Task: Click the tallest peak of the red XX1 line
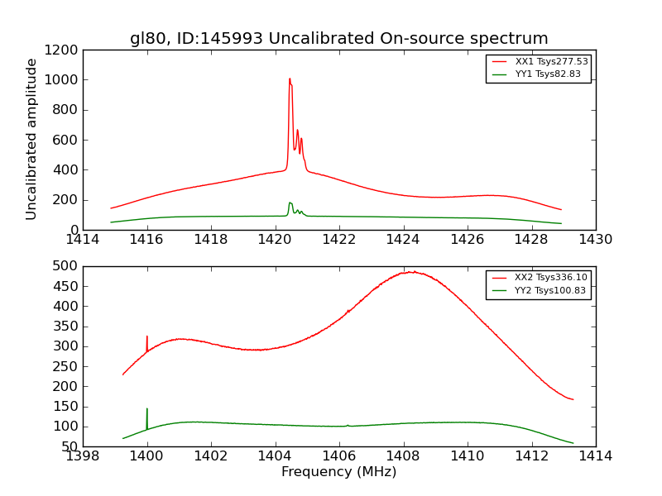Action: click(x=290, y=79)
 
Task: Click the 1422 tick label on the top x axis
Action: click(x=339, y=239)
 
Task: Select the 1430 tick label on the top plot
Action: click(x=596, y=239)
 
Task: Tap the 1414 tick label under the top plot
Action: click(x=83, y=239)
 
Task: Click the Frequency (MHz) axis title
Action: click(x=338, y=472)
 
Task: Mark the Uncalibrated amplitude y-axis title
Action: click(x=32, y=139)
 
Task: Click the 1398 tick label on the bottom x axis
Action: click(x=83, y=455)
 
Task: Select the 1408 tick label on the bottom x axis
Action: click(x=404, y=455)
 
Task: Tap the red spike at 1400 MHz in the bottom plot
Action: click(x=147, y=337)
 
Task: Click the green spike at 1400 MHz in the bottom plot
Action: click(x=147, y=409)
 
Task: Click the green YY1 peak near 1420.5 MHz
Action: click(x=290, y=203)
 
